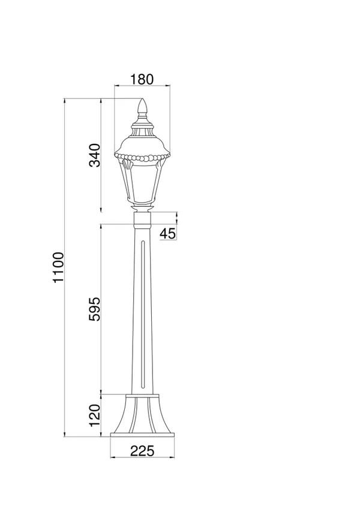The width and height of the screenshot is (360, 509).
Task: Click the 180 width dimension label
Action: point(142,79)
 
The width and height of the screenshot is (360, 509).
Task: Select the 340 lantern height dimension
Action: point(95,155)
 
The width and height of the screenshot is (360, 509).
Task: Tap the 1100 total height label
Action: point(59,267)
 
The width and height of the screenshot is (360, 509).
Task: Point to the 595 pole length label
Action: point(95,309)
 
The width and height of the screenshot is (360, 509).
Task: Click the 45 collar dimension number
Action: point(168,233)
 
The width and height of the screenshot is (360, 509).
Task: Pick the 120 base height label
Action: point(95,415)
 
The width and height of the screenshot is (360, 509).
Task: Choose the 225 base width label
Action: point(142,451)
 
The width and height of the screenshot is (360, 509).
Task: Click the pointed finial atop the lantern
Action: point(142,107)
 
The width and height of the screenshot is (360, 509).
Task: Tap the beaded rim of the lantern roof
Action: point(142,158)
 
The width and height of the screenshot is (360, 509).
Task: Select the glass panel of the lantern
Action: point(142,183)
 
